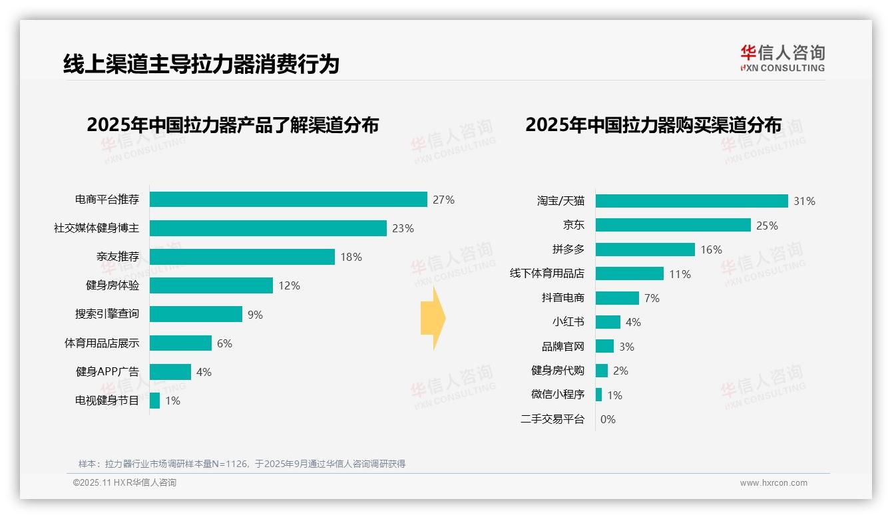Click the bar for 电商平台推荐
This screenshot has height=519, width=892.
[x=288, y=200]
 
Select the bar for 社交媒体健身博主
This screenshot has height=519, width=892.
[x=268, y=228]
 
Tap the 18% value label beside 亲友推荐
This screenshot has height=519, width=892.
[x=351, y=257]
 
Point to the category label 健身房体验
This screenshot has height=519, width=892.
[x=112, y=285]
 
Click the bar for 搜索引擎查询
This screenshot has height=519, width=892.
[x=196, y=314]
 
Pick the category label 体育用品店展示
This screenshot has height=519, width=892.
[x=102, y=343]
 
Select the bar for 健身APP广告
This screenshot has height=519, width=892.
[x=170, y=372]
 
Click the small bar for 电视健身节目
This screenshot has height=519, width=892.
[x=154, y=401]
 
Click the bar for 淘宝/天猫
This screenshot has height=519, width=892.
[x=692, y=201]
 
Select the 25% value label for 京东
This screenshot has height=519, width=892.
[x=767, y=226]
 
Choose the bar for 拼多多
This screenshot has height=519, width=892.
[x=645, y=250]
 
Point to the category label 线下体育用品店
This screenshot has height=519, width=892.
[x=547, y=273]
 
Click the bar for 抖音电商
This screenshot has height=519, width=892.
[x=617, y=298]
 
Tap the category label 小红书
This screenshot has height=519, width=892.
[x=568, y=322]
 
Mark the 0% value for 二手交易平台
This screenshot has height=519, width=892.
[x=608, y=419]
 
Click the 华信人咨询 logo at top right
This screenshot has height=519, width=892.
[x=782, y=58]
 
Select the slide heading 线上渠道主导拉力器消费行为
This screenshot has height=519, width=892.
[x=201, y=64]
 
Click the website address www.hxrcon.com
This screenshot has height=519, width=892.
[x=774, y=483]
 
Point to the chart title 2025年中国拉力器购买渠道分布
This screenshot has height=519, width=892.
[x=653, y=125]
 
